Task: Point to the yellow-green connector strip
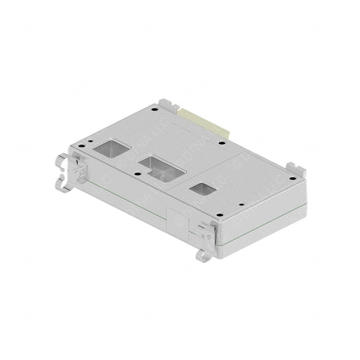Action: click(x=204, y=119)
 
